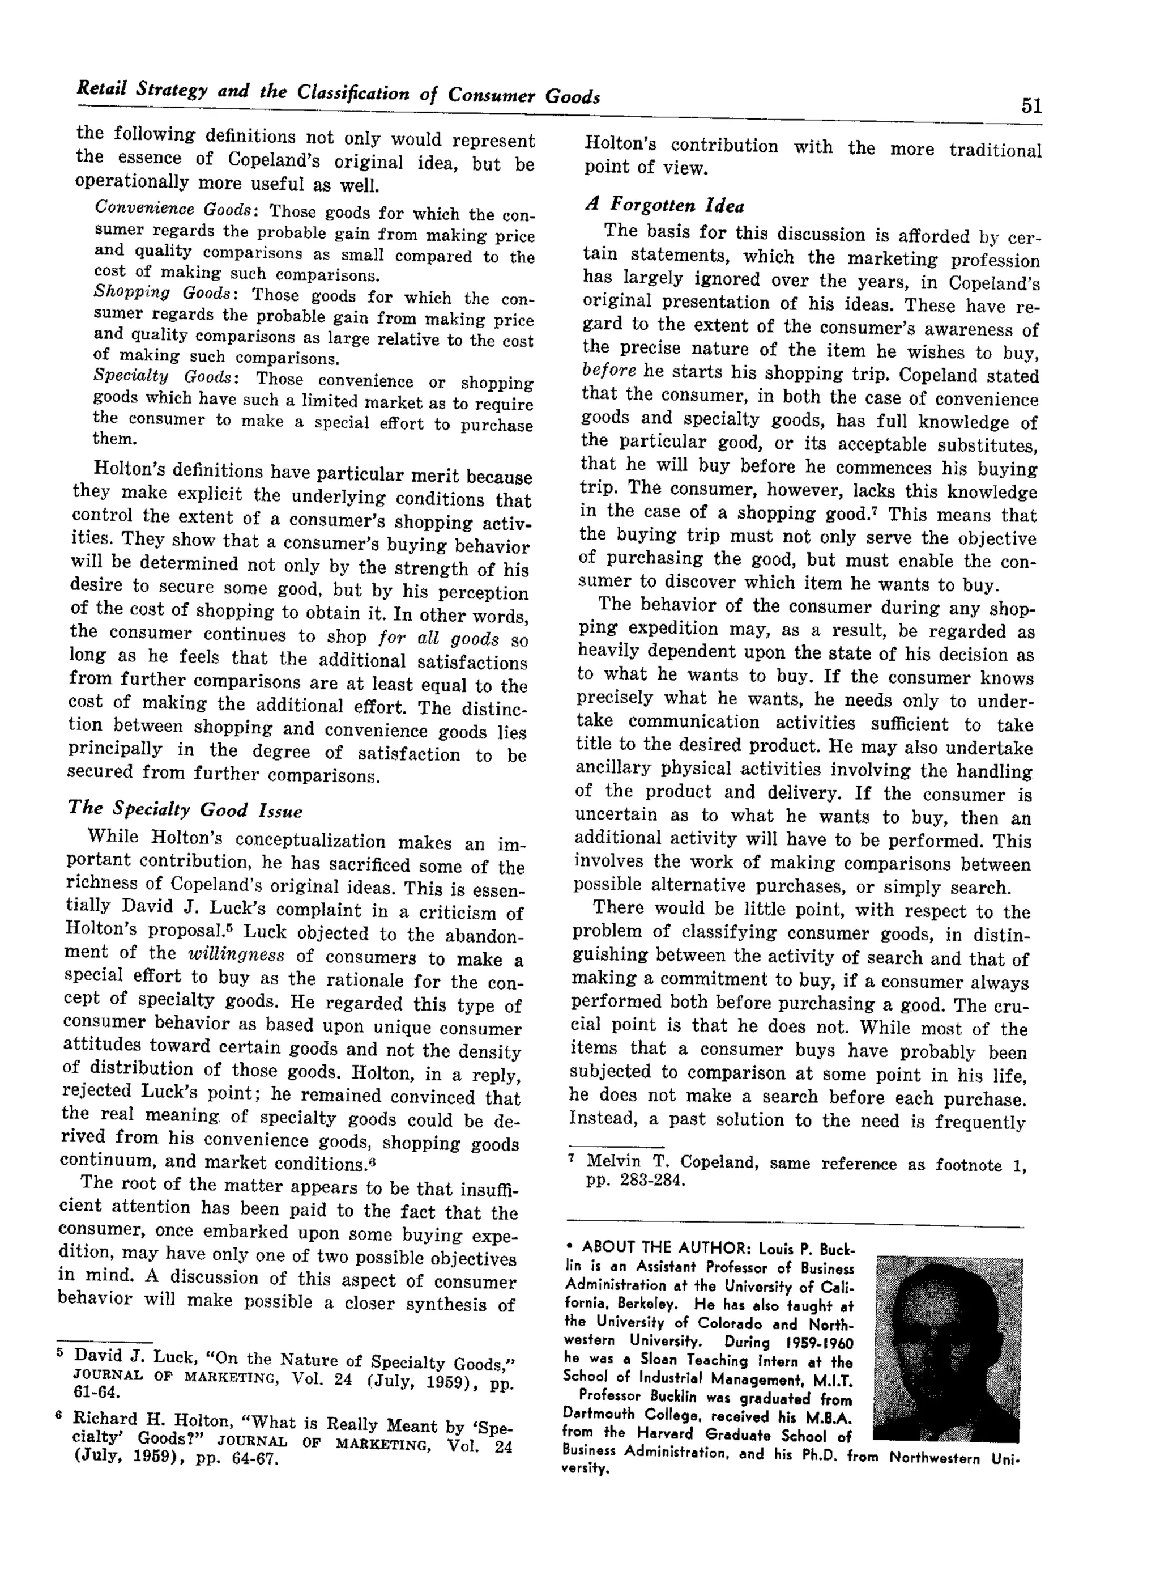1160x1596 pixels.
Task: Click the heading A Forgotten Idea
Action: click(x=665, y=206)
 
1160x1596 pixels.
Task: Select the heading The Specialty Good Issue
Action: click(x=185, y=809)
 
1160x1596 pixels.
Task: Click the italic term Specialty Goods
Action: click(x=166, y=376)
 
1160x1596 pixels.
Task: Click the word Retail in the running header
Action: click(x=101, y=88)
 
